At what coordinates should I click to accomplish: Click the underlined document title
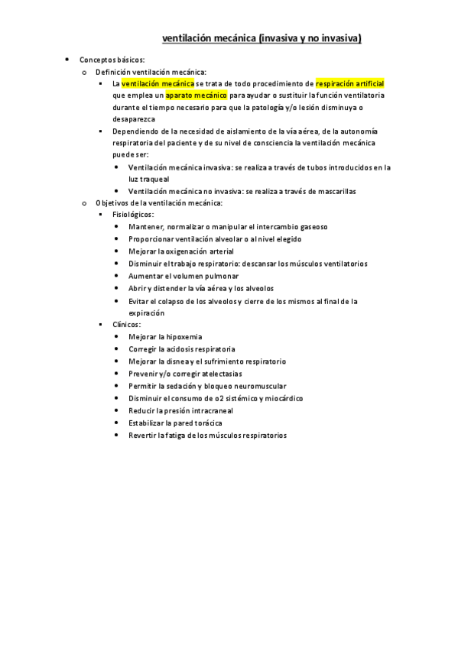tap(261, 37)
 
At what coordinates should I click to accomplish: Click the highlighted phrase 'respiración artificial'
tap(349, 83)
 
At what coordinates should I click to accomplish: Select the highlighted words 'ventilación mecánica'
tap(158, 83)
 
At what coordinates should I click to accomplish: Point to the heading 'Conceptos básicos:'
tap(112, 59)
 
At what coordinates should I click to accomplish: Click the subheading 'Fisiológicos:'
tap(133, 215)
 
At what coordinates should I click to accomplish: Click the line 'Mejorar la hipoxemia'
tap(165, 336)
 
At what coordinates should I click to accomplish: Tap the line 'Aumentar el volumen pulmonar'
tap(184, 276)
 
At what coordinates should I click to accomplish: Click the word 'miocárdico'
tap(284, 398)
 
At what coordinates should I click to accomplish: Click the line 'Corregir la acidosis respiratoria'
tap(182, 348)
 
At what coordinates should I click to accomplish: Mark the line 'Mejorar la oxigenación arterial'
tap(181, 251)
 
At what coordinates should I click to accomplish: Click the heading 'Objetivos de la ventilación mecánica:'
tap(159, 202)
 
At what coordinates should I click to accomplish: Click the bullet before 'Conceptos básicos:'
tap(67, 59)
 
